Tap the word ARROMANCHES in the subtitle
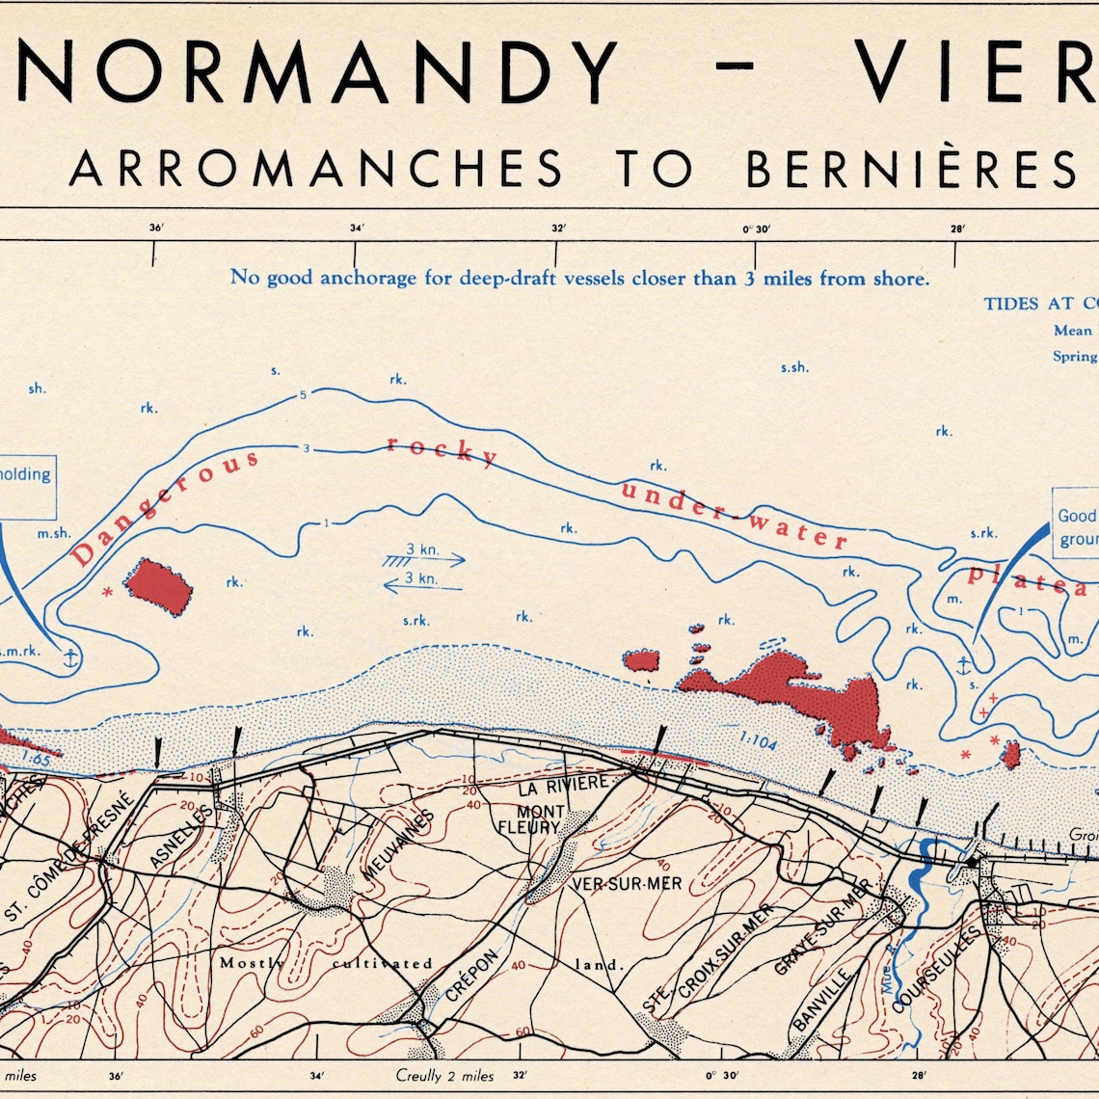pyautogui.click(x=316, y=168)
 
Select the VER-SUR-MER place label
pyautogui.click(x=627, y=884)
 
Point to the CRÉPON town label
pyautogui.click(x=472, y=977)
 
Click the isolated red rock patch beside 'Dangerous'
pyautogui.click(x=158, y=586)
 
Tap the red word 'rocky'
pyautogui.click(x=442, y=450)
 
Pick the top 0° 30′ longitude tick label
pyautogui.click(x=757, y=229)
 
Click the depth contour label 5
pyautogui.click(x=303, y=395)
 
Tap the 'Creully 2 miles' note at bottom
pyautogui.click(x=444, y=1076)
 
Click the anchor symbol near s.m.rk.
pyautogui.click(x=69, y=658)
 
